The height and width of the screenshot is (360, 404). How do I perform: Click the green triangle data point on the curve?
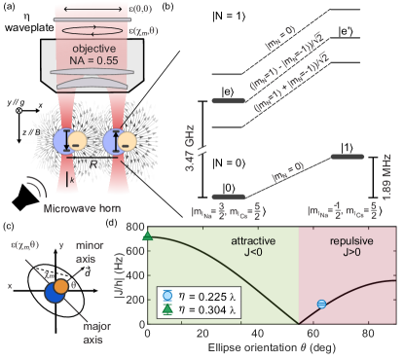click(147, 234)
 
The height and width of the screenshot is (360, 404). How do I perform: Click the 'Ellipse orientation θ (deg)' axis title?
click(268, 349)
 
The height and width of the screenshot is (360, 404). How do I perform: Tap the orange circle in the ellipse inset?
click(59, 287)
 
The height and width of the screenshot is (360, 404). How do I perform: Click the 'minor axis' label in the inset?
click(100, 242)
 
